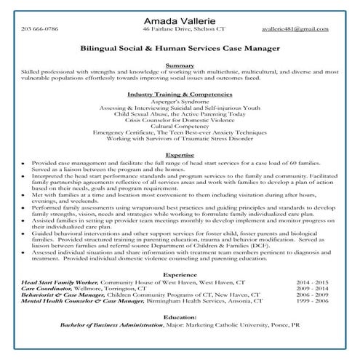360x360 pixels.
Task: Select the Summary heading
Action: pos(180,65)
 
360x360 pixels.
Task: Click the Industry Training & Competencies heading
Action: pos(180,95)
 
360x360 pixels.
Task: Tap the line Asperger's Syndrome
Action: pos(180,103)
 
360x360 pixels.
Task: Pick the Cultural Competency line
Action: pos(180,125)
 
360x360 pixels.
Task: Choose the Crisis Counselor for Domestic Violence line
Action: pos(180,119)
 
